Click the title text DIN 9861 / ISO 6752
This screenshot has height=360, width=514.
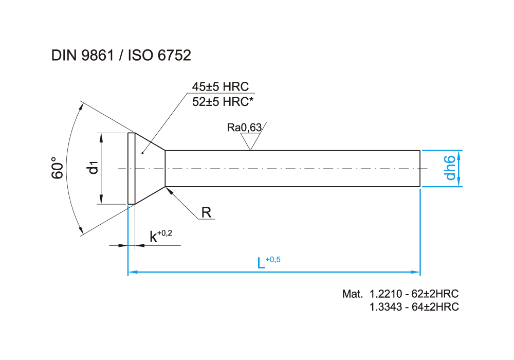click(121, 56)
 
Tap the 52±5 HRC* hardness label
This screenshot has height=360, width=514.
click(223, 101)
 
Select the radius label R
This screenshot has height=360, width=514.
click(207, 212)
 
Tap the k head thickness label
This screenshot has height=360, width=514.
click(153, 237)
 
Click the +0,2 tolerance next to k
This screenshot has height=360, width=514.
click(164, 233)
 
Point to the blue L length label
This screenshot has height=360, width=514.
click(261, 263)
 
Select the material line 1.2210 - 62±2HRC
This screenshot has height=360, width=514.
click(414, 294)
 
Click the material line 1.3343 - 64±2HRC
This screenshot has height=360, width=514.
click(414, 307)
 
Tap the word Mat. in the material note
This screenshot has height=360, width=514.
click(353, 294)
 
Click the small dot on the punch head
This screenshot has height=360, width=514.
click(142, 153)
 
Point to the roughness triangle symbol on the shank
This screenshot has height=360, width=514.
click(250, 142)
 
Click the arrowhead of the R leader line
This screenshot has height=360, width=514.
click(168, 189)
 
